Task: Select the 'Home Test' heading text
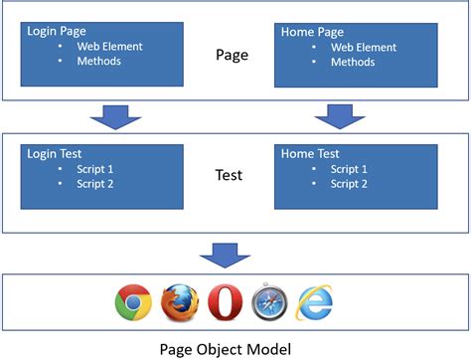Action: click(x=308, y=155)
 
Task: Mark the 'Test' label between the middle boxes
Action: click(x=230, y=176)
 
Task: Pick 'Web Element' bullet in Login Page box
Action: click(x=110, y=46)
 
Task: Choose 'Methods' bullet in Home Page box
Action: click(x=354, y=62)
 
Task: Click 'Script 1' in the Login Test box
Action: click(x=98, y=169)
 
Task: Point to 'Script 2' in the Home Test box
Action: click(x=350, y=184)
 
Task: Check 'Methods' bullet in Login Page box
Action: click(x=98, y=62)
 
